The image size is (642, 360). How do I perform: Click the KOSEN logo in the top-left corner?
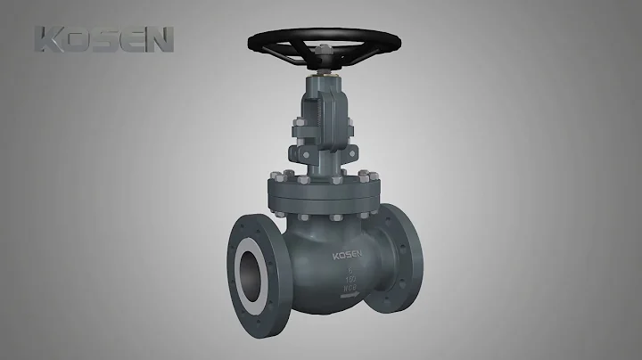(x=103, y=39)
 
